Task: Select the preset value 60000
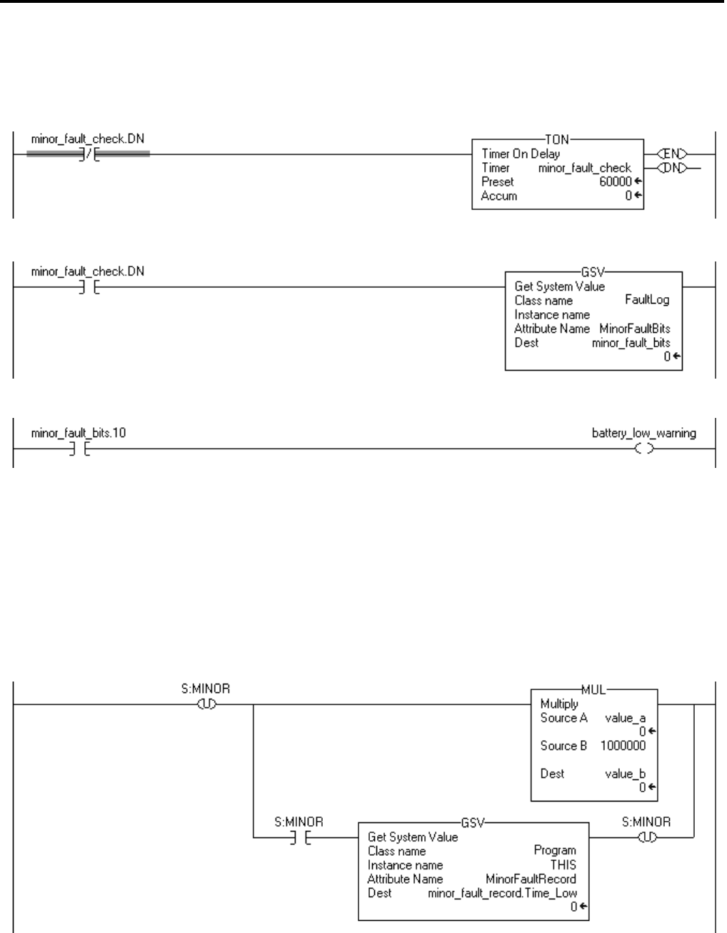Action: pyautogui.click(x=615, y=182)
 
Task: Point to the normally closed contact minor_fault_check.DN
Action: pyautogui.click(x=88, y=154)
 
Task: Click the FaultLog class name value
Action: pyautogui.click(x=647, y=300)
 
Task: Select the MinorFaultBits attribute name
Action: pyautogui.click(x=635, y=329)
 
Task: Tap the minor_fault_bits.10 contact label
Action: pyautogui.click(x=79, y=433)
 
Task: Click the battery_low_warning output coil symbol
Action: pyautogui.click(x=645, y=449)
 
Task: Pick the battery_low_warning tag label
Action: pyautogui.click(x=644, y=433)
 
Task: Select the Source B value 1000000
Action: pyautogui.click(x=623, y=745)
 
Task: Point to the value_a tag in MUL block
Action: pyautogui.click(x=625, y=718)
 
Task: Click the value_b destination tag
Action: pyautogui.click(x=625, y=773)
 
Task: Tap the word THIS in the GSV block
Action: pyautogui.click(x=563, y=864)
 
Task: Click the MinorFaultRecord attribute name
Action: pyautogui.click(x=531, y=879)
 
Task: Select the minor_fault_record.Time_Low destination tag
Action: pyautogui.click(x=502, y=892)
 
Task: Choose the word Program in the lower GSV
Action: pyautogui.click(x=555, y=850)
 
